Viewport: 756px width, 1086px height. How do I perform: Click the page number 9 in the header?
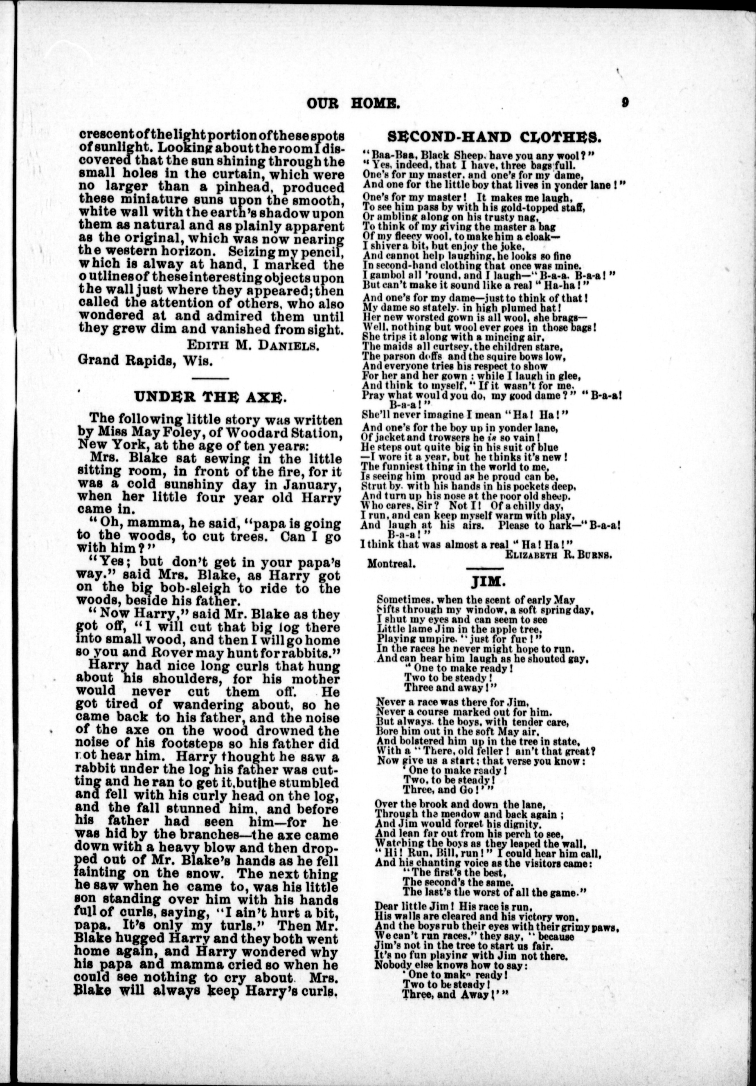[625, 102]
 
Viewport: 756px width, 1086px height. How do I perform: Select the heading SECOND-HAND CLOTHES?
[494, 137]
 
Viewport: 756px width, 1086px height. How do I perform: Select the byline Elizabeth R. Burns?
[558, 555]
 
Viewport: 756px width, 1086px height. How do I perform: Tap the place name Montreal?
[391, 564]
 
